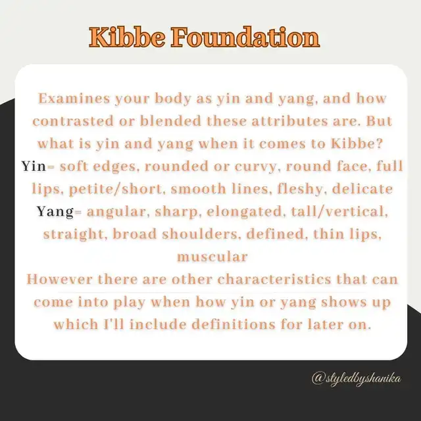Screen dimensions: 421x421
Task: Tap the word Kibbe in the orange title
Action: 127,37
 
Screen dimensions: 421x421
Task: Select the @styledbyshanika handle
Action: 357,379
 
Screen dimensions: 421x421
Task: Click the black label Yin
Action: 34,166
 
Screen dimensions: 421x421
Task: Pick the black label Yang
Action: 55,212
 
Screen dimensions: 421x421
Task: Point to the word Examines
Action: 74,98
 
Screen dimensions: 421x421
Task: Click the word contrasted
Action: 73,121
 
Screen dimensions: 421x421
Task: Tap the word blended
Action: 171,121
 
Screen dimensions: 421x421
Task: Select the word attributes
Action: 289,121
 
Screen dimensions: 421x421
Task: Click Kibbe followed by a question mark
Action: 356,143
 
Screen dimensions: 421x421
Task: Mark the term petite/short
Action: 116,189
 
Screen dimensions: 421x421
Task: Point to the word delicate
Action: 362,189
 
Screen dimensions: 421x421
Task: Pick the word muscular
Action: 212,257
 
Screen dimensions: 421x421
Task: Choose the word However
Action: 59,279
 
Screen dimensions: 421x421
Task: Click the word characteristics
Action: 274,279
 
